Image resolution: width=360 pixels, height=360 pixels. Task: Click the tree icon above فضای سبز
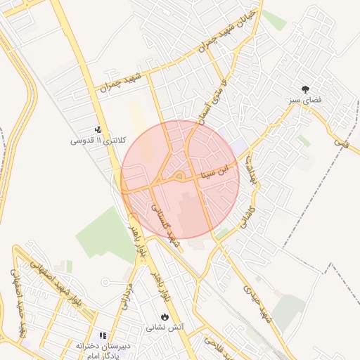(x=305, y=89)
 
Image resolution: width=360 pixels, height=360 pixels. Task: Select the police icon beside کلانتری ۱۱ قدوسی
(x=98, y=129)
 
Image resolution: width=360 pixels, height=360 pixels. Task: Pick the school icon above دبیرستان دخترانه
(x=103, y=336)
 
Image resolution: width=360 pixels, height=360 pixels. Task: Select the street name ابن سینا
(x=215, y=173)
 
